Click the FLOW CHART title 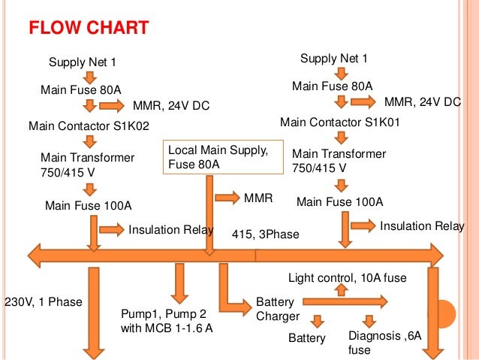click(x=89, y=29)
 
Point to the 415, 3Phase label click(x=265, y=235)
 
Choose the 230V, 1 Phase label click(x=43, y=302)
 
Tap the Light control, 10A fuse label click(x=347, y=278)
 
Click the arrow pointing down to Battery click(x=318, y=320)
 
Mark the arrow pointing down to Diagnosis click(x=369, y=320)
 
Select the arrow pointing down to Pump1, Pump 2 click(x=178, y=282)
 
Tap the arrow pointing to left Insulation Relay click(x=111, y=228)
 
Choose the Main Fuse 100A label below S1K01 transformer click(x=339, y=201)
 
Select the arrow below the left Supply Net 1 click(x=89, y=77)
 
